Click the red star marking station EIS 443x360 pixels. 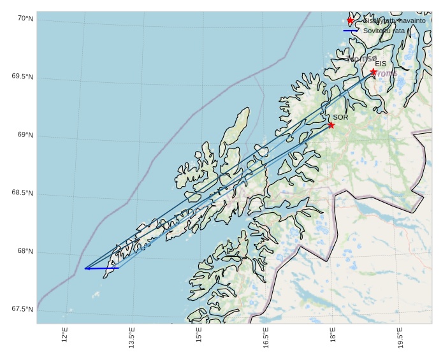point(373,72)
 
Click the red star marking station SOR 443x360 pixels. point(331,125)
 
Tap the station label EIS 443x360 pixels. point(381,64)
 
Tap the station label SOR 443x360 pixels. point(340,117)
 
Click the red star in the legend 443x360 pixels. point(351,20)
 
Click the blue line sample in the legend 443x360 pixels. point(351,30)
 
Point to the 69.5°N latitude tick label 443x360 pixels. point(22,77)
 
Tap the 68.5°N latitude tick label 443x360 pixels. point(22,193)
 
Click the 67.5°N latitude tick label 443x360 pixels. point(22,309)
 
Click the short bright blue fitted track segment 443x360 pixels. point(102,268)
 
